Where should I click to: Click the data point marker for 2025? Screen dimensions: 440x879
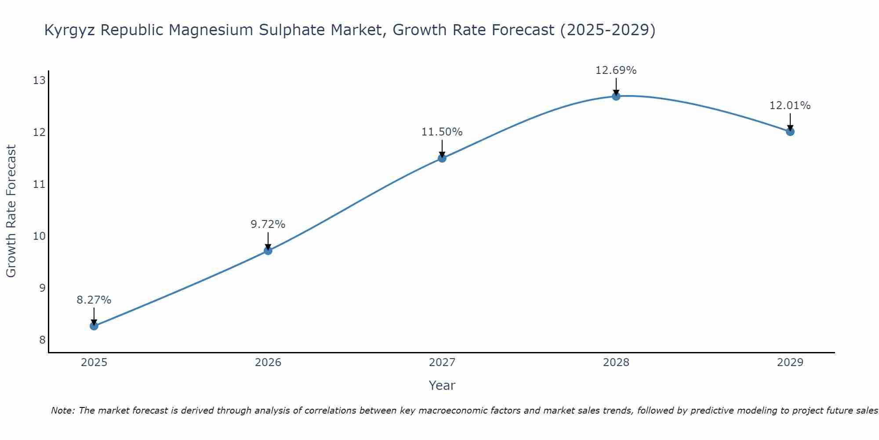94,326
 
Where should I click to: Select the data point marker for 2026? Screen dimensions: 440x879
268,251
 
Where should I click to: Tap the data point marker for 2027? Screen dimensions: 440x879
442,158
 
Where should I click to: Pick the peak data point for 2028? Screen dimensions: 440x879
616,96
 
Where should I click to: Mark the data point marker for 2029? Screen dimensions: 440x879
790,132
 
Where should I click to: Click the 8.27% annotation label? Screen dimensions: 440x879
94,300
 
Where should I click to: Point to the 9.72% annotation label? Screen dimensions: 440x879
268,224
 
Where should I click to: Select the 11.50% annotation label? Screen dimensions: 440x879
442,132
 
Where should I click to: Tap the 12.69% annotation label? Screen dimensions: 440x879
616,70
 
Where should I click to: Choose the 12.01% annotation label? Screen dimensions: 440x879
790,106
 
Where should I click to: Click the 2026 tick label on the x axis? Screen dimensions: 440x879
268,363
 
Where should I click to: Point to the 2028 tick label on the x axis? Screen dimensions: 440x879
616,363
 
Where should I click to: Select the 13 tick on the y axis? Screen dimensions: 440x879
40,80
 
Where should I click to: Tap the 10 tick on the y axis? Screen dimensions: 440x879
40,236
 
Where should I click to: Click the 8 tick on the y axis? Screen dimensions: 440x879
42,340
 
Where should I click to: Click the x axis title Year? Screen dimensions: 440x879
442,385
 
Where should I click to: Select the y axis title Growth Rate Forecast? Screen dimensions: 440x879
11,211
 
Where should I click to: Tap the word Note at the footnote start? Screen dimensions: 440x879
63,411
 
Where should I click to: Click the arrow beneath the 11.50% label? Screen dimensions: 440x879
442,148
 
